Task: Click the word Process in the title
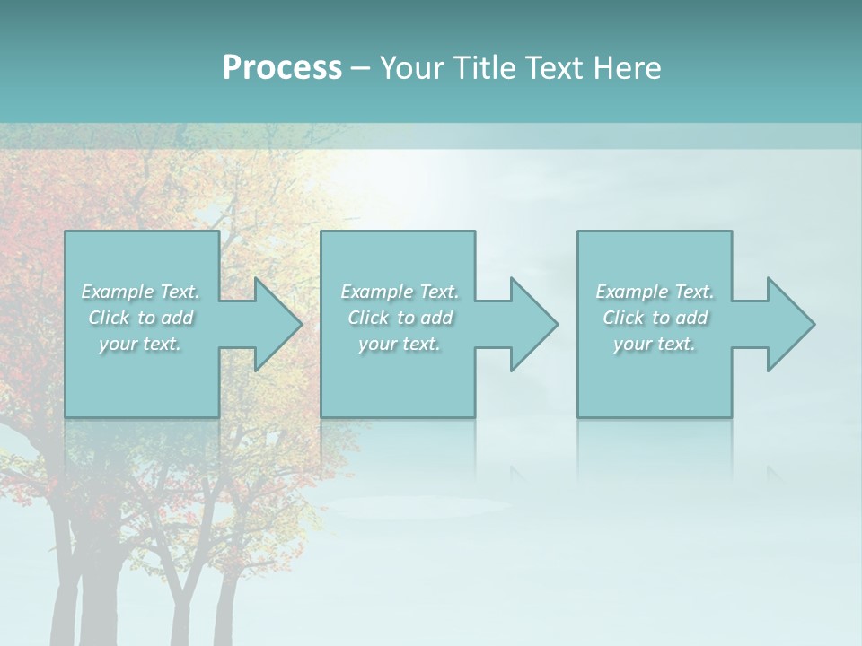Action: (282, 68)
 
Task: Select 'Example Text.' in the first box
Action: (141, 292)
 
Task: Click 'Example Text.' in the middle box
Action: (400, 292)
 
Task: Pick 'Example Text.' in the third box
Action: (655, 292)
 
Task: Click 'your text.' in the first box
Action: (141, 344)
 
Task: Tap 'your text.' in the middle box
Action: (400, 344)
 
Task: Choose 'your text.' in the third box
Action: (655, 344)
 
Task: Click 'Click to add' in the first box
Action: (141, 318)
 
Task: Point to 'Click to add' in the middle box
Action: (400, 318)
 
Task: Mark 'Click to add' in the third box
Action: (655, 318)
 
